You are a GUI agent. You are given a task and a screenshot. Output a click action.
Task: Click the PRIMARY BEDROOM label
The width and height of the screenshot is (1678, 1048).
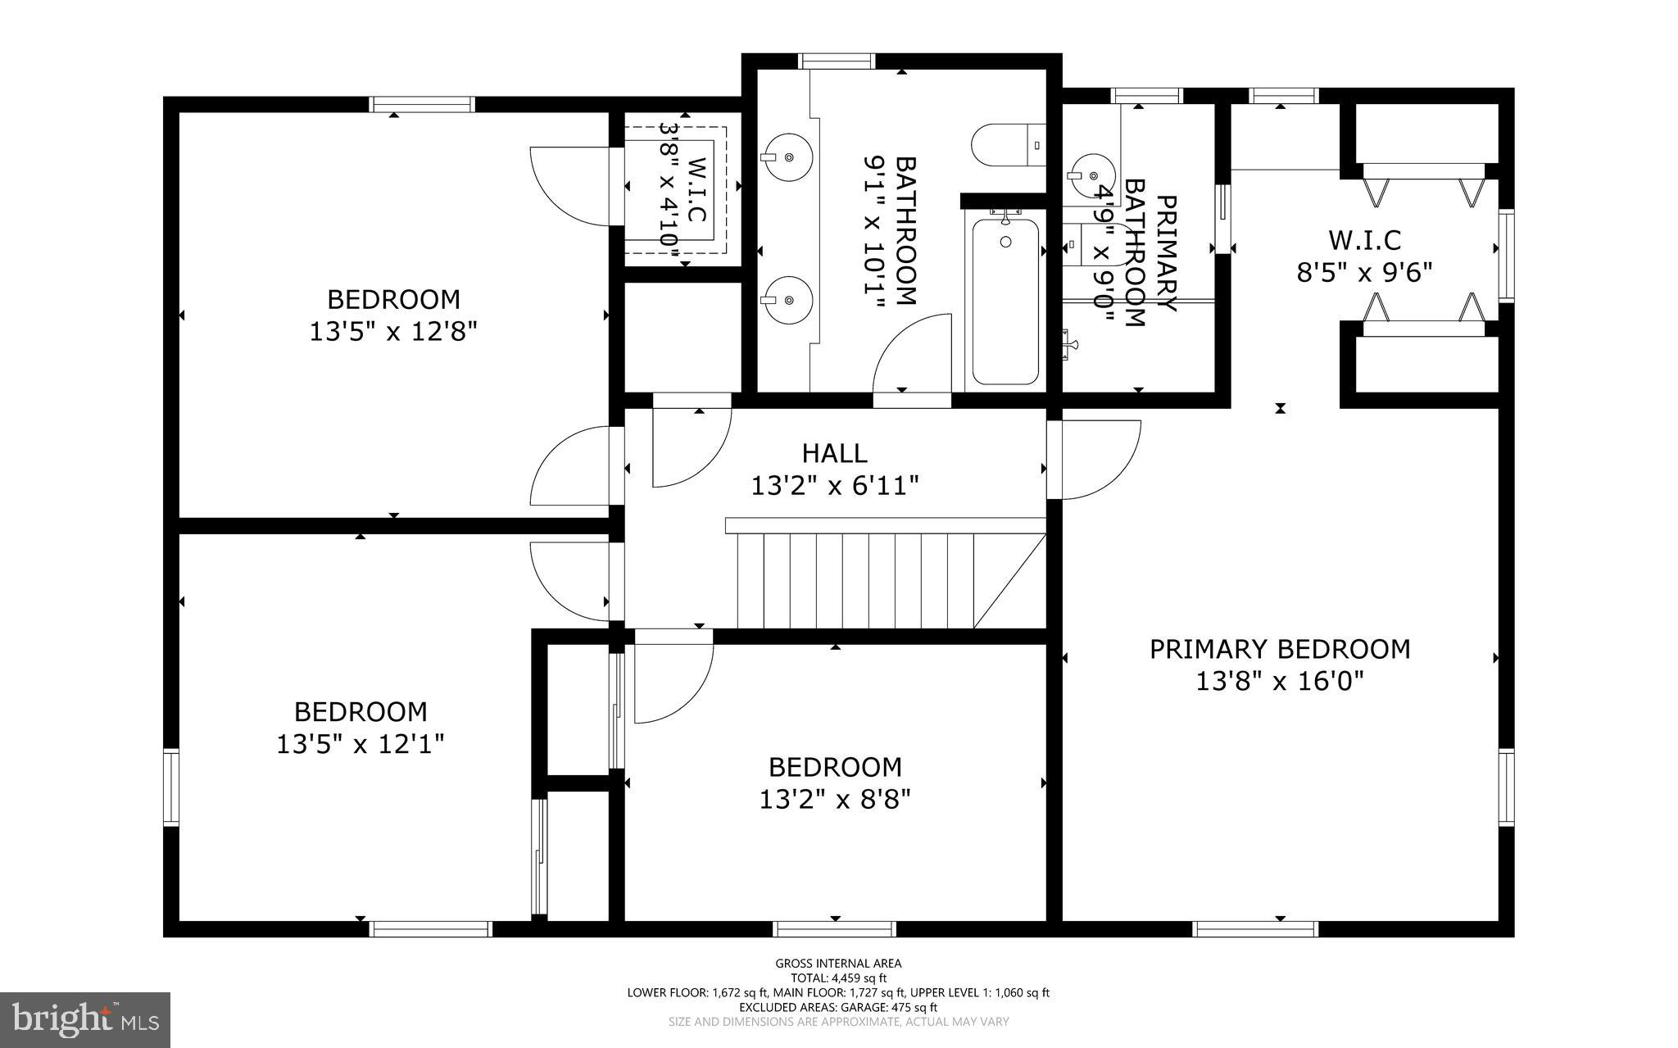point(1280,649)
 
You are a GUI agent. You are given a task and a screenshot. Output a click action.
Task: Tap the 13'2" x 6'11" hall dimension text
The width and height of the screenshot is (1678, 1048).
point(835,487)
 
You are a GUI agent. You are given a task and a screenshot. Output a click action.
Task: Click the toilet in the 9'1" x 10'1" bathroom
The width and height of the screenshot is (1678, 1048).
point(1006,146)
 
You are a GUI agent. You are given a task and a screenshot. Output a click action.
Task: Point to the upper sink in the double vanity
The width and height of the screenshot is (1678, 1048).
point(787,157)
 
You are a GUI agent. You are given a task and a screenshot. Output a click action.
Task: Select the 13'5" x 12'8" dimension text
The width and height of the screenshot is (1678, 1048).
point(393,332)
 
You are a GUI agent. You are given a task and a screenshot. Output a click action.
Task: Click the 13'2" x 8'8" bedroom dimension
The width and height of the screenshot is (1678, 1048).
point(835,799)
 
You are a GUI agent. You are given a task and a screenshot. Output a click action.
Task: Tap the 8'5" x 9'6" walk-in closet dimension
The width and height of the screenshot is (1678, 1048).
point(1363,272)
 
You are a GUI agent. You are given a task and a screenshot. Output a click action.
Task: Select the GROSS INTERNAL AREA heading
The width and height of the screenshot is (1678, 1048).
point(838,964)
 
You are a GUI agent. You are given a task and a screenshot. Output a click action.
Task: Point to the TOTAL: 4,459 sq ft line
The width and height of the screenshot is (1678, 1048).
point(838,978)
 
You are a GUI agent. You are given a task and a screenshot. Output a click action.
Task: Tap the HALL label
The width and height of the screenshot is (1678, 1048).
point(834,453)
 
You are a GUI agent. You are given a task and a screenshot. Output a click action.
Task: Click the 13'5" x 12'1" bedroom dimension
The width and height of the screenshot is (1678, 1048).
point(361,744)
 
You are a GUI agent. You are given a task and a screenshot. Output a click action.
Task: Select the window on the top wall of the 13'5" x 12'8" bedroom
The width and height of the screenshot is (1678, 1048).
point(422,105)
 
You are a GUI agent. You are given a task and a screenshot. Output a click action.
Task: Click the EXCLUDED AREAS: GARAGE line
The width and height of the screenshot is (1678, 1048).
point(838,1007)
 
